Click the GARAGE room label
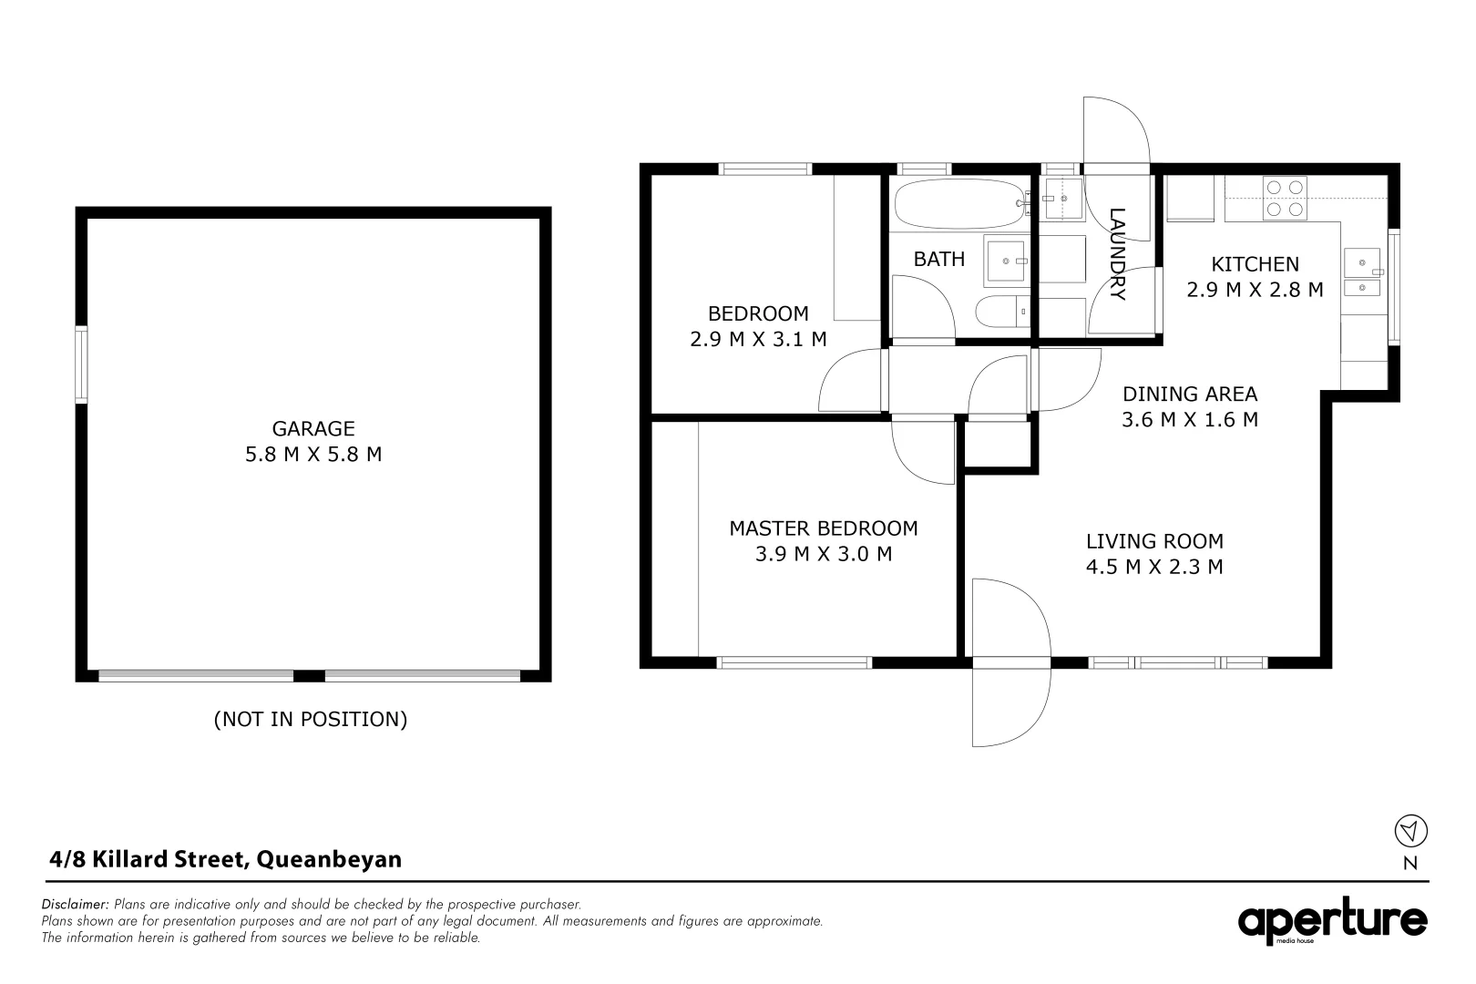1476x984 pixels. click(313, 428)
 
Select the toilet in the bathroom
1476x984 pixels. click(1001, 311)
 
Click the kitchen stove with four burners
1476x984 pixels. click(1285, 199)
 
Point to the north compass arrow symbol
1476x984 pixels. click(1410, 830)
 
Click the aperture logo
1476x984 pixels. click(1332, 921)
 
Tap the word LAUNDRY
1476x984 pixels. click(1117, 253)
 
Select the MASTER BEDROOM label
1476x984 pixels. click(823, 528)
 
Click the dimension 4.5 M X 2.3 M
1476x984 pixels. click(1154, 567)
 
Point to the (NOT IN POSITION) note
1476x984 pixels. click(311, 719)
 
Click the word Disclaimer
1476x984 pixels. click(75, 904)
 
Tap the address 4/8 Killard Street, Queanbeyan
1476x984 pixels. click(225, 859)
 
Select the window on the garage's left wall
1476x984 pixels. click(81, 364)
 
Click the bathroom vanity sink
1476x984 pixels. click(1006, 261)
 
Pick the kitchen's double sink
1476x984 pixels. click(1363, 272)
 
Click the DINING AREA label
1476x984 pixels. click(1190, 395)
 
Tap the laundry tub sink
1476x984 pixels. click(1062, 198)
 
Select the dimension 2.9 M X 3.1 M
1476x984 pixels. click(758, 340)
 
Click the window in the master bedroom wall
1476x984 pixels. click(794, 662)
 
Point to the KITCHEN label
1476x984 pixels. click(1256, 264)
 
